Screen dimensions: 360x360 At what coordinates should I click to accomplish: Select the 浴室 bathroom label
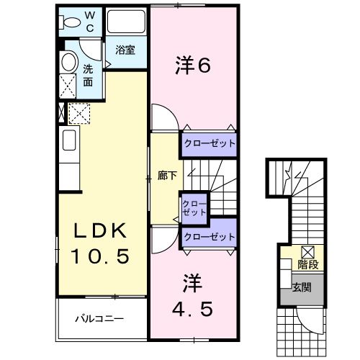point(125,50)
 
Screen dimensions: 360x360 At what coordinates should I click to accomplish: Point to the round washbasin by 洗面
point(68,62)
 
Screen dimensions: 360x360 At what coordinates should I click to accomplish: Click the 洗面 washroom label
point(87,76)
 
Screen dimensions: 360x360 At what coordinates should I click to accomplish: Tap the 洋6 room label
point(192,66)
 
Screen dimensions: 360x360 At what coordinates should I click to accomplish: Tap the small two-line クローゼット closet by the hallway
point(194,208)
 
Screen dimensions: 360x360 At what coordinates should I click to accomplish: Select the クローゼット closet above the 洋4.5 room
point(210,237)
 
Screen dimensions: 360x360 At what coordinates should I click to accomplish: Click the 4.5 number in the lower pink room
point(191,310)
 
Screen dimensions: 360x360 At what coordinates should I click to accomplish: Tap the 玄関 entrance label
point(302,287)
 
